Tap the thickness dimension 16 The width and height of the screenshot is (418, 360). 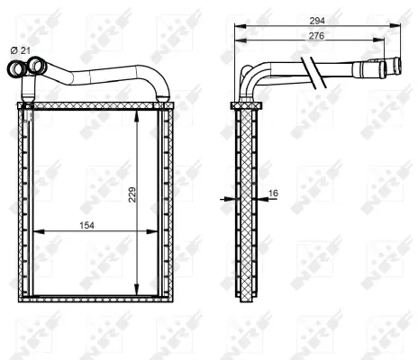272,192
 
